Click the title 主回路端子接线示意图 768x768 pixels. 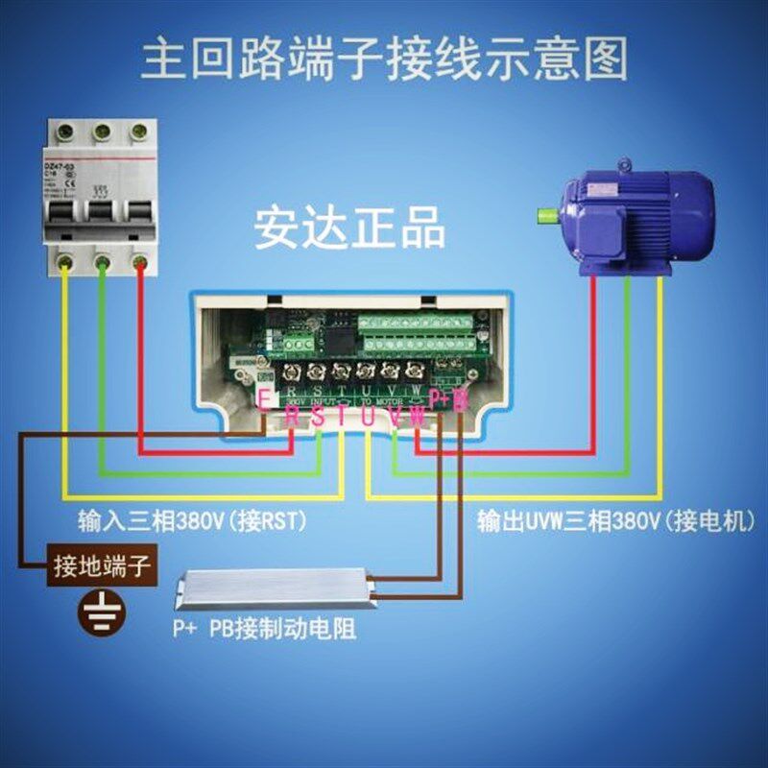tap(384, 59)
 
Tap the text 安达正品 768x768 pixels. tap(349, 229)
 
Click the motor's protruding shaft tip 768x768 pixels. tap(545, 212)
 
